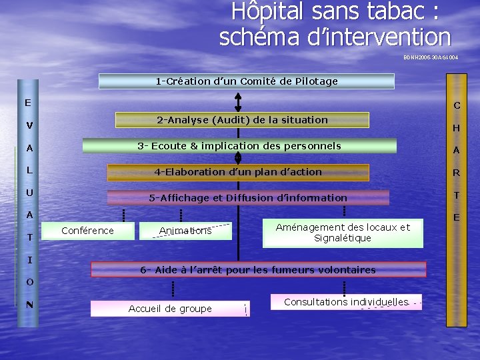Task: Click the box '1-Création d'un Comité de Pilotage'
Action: click(246, 81)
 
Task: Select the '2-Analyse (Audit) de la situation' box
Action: click(242, 120)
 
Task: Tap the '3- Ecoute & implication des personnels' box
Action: click(239, 146)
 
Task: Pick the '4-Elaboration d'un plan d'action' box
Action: click(238, 172)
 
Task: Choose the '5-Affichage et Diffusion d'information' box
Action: click(247, 197)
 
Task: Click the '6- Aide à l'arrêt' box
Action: click(257, 269)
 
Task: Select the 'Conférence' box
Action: click(87, 231)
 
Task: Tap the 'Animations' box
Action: click(185, 231)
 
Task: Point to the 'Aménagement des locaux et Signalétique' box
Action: click(343, 233)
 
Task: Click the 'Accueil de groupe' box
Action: click(169, 308)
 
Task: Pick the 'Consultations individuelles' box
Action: click(345, 302)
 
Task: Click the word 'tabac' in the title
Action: click(400, 11)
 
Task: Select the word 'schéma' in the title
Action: click(259, 36)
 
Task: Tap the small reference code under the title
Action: click(430, 58)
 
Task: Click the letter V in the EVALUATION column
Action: click(29, 125)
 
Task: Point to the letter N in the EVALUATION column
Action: click(29, 305)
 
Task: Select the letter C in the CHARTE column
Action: click(457, 105)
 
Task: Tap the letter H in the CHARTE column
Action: click(457, 128)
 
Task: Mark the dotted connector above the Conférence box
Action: click(123, 214)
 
